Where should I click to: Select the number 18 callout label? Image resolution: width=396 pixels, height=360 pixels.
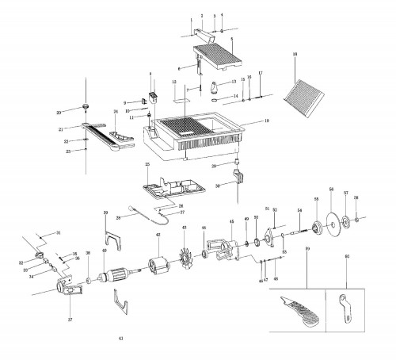point(295,54)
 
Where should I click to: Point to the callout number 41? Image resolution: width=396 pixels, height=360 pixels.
point(120,339)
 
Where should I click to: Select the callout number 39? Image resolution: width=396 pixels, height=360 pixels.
point(105,213)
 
